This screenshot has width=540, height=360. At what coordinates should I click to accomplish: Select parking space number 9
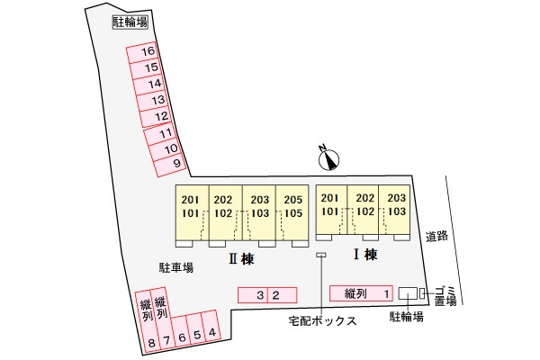[175, 163]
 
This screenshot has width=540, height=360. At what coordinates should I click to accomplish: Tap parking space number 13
[157, 100]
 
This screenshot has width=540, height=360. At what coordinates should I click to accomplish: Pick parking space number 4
[211, 333]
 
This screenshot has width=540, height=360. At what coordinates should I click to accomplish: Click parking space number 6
[182, 337]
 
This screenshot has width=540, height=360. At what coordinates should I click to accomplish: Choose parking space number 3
[259, 294]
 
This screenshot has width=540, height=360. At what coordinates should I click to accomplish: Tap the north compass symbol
[330, 158]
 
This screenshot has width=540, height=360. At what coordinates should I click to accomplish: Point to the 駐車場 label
[176, 267]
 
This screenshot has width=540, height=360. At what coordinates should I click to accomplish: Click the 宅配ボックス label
[322, 319]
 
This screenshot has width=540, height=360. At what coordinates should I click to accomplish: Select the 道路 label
[437, 236]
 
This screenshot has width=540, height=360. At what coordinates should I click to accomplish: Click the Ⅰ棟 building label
[364, 255]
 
